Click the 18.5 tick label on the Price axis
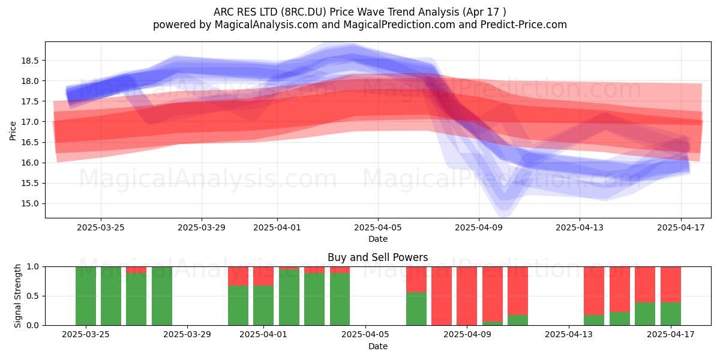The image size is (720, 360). [x=30, y=61]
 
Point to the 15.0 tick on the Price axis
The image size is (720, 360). [x=30, y=203]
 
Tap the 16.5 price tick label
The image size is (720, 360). [x=30, y=142]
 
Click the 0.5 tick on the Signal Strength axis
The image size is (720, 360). [x=32, y=296]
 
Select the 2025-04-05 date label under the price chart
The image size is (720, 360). [x=377, y=227]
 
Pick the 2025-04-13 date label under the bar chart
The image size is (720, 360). [x=569, y=334]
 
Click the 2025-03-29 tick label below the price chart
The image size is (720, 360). [x=202, y=227]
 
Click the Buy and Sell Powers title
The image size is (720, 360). [x=377, y=257]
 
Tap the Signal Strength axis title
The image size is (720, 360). [x=17, y=296]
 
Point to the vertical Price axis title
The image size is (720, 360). [x=13, y=131]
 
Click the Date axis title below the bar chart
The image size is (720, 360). [x=377, y=346]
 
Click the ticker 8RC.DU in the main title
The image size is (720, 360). [x=305, y=12]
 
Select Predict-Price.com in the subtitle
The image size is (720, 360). [x=524, y=25]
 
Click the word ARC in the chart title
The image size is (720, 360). [x=224, y=12]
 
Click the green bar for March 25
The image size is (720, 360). [x=85, y=296]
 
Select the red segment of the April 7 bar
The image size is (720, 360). [x=416, y=280]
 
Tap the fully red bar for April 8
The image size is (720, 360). [x=442, y=296]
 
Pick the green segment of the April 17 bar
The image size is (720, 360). [x=671, y=314]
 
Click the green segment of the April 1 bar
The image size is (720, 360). [x=263, y=305]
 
